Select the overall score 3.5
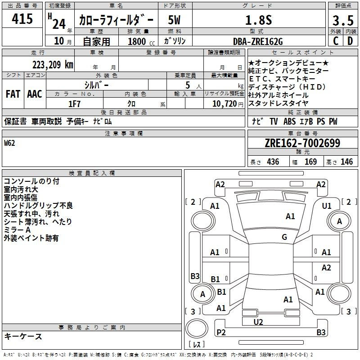pyautogui.click(x=342, y=21)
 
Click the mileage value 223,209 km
pyautogui.click(x=52, y=64)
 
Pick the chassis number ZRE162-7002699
pyautogui.click(x=302, y=144)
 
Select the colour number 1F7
pyautogui.click(x=74, y=103)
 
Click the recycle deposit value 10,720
pyautogui.click(x=223, y=103)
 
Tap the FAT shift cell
pyautogui.click(x=13, y=94)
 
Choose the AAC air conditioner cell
pyautogui.click(x=35, y=94)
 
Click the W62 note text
pyautogui.click(x=9, y=143)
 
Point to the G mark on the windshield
pyautogui.click(x=284, y=237)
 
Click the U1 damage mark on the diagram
pyautogui.click(x=327, y=206)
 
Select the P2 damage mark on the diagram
pyautogui.click(x=220, y=332)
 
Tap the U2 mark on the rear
pyautogui.click(x=258, y=322)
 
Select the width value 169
pyautogui.click(x=310, y=162)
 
